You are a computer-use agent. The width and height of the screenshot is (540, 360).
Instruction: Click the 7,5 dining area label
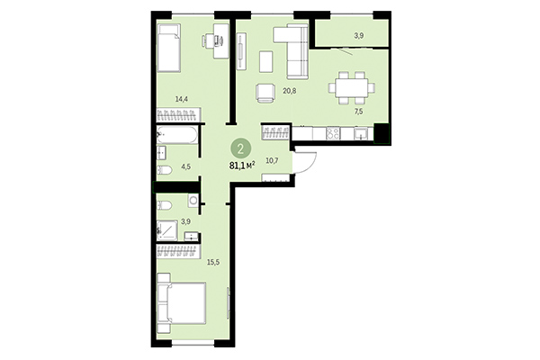coord(358,112)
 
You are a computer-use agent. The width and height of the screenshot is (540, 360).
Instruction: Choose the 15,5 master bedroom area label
coord(188,261)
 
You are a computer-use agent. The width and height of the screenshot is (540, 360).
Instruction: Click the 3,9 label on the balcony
coord(359,36)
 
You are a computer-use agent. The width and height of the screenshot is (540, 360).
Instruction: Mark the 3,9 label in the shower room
coord(186,220)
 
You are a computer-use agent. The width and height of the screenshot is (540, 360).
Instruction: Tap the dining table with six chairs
coord(351,88)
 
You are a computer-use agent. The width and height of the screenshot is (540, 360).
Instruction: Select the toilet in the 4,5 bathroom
coord(166,169)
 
